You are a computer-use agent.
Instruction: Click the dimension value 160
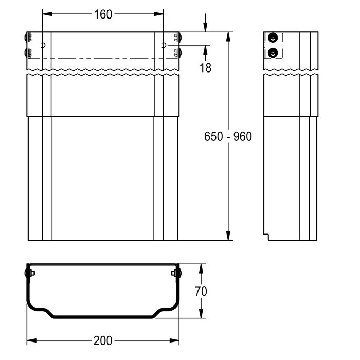103,14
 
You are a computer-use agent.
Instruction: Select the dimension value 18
205,68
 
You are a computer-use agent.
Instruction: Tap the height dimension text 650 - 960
228,136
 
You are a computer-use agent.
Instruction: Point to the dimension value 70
201,291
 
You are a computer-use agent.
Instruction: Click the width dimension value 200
103,340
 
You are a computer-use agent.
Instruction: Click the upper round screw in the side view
273,38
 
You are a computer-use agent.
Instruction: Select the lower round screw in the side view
273,53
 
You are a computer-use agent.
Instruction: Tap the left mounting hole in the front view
43,45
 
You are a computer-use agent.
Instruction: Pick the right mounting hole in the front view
164,45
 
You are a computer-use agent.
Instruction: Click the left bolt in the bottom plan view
29,273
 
